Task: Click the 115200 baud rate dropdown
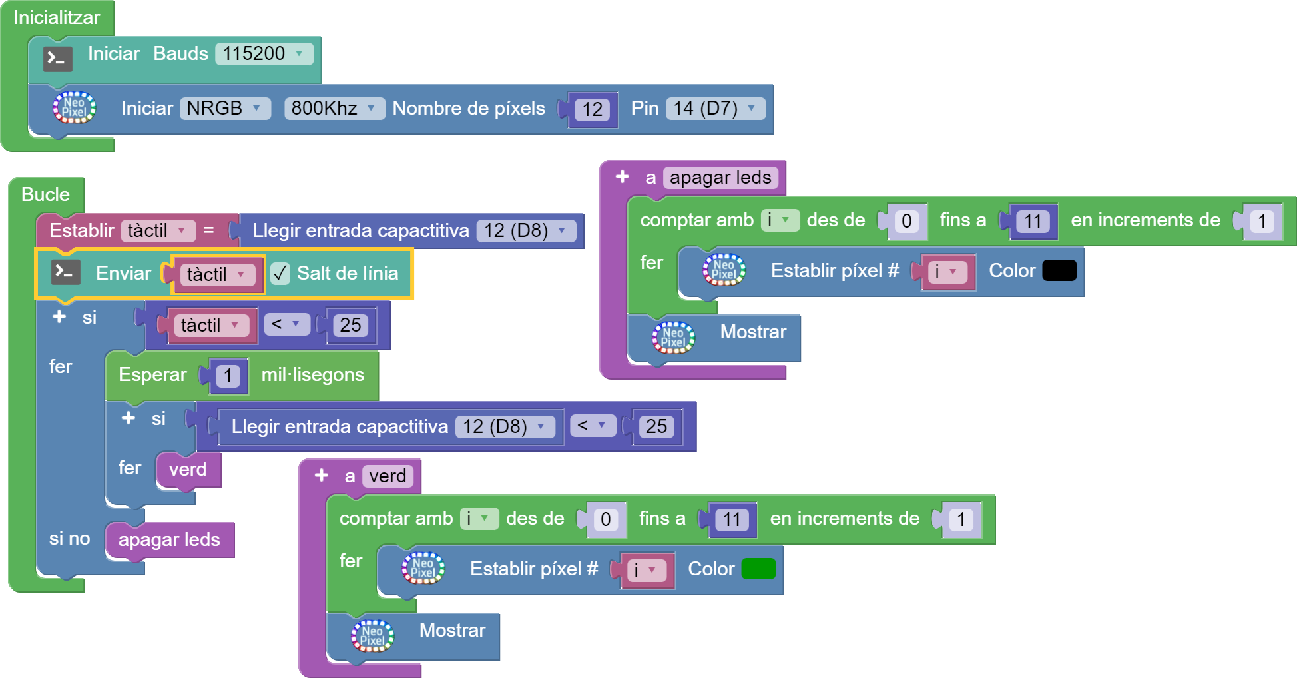264,53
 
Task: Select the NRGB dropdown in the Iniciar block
224,108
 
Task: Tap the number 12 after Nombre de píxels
592,109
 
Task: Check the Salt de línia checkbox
280,273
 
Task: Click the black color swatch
1059,270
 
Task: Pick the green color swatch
758,569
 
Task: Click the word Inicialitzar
57,17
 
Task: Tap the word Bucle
45,194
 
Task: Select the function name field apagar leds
720,178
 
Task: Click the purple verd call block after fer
188,470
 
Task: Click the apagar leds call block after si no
169,539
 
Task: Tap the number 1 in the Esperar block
228,376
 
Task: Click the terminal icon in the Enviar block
66,272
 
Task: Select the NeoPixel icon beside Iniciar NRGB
74,107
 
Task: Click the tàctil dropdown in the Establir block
158,231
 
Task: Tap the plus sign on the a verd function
322,475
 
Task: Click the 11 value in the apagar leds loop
1032,221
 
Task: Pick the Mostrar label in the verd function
452,630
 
